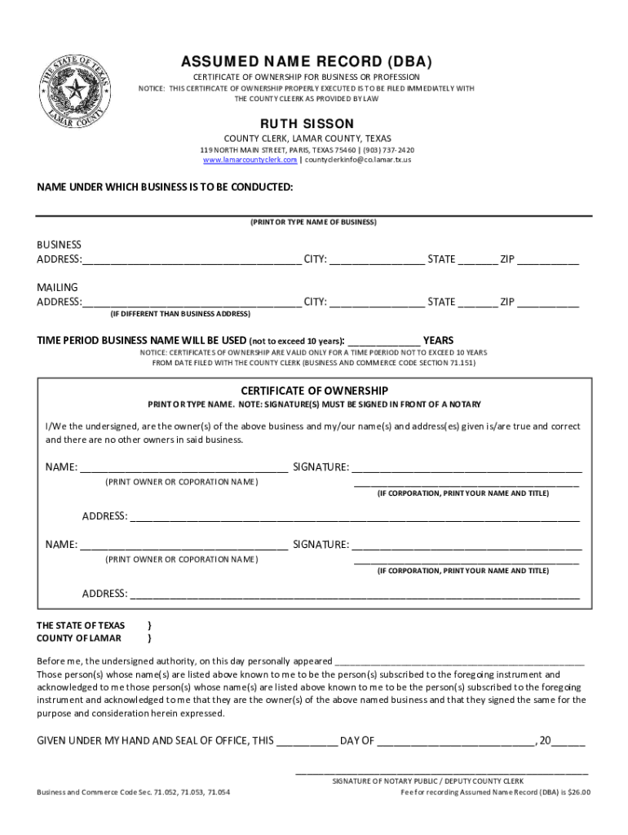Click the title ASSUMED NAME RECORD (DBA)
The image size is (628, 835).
(306, 62)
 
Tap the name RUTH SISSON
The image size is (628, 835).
(307, 123)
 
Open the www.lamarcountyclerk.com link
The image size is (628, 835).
(250, 160)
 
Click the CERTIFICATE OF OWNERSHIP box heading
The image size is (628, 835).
(314, 391)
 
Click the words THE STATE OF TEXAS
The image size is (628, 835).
(81, 625)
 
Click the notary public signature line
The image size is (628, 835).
(441, 771)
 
